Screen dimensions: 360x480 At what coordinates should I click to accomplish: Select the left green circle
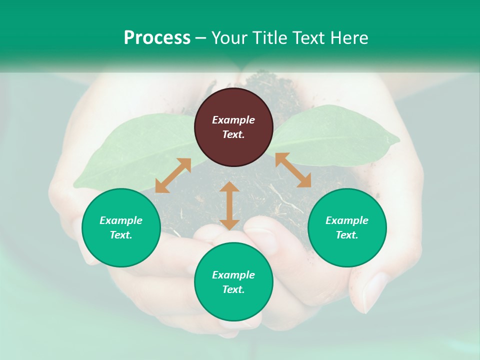pyautogui.click(x=121, y=227)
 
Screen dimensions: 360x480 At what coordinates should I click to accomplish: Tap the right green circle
pyautogui.click(x=347, y=227)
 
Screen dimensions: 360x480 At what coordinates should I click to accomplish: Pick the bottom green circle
pyautogui.click(x=233, y=282)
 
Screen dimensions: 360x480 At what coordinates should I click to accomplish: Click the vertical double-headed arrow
pyautogui.click(x=229, y=205)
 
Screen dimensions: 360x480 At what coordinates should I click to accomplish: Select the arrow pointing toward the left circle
pyautogui.click(x=173, y=175)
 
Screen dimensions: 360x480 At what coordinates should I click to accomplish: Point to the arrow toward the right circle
pyautogui.click(x=293, y=170)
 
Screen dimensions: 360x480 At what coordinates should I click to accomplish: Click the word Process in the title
pyautogui.click(x=157, y=37)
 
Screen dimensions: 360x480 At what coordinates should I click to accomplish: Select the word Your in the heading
pyautogui.click(x=229, y=37)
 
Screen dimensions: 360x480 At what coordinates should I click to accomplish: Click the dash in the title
pyautogui.click(x=200, y=38)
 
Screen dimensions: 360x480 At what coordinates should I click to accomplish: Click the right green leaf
pyautogui.click(x=340, y=135)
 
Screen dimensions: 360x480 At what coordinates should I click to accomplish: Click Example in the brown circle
pyautogui.click(x=233, y=120)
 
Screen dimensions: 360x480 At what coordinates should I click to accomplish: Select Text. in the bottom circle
pyautogui.click(x=233, y=289)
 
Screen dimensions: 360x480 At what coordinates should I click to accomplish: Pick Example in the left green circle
pyautogui.click(x=121, y=220)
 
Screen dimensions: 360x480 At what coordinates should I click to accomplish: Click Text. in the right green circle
pyautogui.click(x=347, y=235)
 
